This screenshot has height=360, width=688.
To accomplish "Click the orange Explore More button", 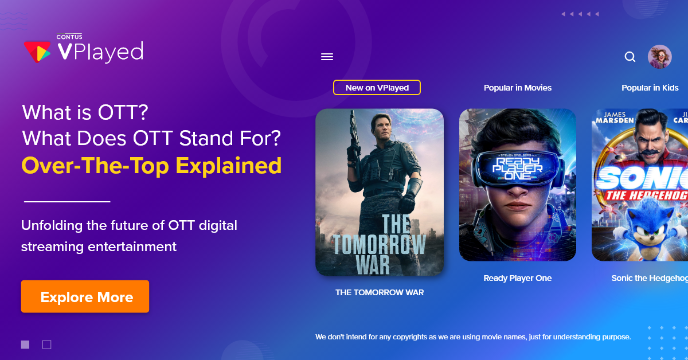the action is coord(85,296).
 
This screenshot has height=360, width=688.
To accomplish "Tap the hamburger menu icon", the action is coord(327,57).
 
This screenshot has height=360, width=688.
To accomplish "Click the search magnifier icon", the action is coord(630,57).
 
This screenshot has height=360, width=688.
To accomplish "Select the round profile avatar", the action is coord(660,57).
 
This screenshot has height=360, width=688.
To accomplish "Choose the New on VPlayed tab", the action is coord(377,88).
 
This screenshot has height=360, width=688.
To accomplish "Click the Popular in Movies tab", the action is coord(518,88).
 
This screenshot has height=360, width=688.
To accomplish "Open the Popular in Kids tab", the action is coord(650,88).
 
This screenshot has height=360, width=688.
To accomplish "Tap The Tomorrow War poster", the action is coord(380,192).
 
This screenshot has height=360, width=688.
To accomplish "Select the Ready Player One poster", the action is coord(518,185).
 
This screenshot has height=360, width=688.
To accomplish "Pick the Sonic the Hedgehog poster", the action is coord(640,185).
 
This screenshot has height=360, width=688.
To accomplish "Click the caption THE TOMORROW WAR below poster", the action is coord(380,292).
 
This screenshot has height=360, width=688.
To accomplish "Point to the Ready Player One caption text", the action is coord(518,278).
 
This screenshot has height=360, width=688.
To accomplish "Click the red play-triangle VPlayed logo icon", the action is coord(37,52).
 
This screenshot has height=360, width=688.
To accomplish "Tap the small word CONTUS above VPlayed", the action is coord(69,37).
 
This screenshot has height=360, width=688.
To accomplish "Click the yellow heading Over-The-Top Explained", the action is coord(151,166).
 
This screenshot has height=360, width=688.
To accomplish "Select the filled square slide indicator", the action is coord(25,345).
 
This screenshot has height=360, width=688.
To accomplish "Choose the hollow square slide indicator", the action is coord(46,345).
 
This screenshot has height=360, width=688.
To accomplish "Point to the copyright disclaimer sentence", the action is coord(473,337).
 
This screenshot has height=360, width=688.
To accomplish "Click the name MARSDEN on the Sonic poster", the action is coord(615,120).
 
